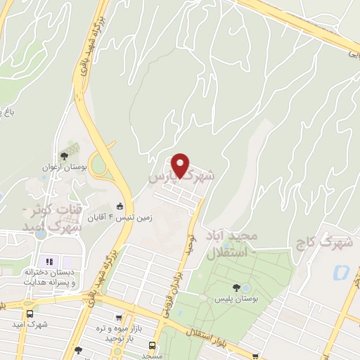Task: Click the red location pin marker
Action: coord(181,165)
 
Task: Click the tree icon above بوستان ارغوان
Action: coord(65,156)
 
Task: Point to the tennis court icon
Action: coord(120,207)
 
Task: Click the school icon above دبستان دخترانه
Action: coord(49,262)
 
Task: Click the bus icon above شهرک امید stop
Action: coord(29,314)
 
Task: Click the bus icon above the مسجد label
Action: coord(152,345)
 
